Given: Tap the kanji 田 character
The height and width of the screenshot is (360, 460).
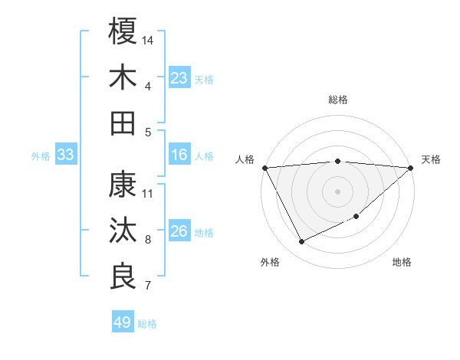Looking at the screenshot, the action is point(123,123).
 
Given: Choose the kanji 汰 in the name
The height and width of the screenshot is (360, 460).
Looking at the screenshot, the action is point(123,231).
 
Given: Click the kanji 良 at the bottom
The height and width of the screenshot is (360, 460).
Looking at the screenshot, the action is point(123,277).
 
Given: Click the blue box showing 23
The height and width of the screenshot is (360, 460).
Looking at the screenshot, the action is point(179,78).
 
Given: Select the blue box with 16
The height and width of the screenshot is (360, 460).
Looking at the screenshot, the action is point(179,155).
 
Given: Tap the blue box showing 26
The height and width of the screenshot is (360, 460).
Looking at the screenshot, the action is point(179,231).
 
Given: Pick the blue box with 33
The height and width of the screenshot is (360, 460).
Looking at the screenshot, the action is point(66,155).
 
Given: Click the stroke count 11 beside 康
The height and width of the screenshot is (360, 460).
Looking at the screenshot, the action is point(149,193).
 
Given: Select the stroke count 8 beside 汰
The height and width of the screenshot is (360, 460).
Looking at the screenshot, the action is point(149,240).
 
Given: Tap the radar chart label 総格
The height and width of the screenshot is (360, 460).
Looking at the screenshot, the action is point(338,100).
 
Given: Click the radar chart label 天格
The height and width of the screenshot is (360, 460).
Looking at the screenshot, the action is point(431,159).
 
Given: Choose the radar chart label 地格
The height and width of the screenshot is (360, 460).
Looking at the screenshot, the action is point(402,262).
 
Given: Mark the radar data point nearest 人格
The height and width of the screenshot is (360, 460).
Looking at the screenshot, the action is point(264,167).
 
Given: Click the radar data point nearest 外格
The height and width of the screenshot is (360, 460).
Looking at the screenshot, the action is point(302,242).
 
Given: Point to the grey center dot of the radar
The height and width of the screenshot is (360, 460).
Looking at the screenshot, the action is point(338,191).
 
